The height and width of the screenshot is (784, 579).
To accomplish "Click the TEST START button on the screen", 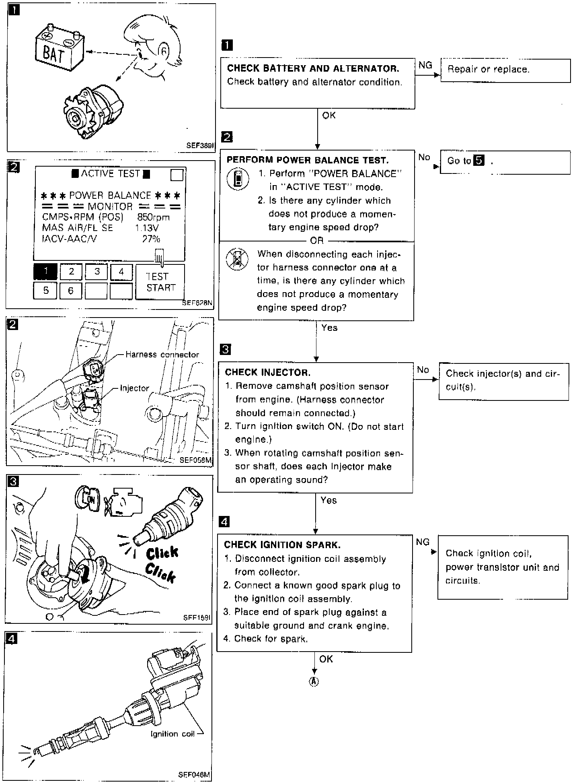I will click(160, 282).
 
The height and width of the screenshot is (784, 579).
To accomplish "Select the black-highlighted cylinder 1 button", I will click(45, 272).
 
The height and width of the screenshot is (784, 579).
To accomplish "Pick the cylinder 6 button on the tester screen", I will click(71, 291).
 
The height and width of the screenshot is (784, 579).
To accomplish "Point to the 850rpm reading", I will click(153, 217).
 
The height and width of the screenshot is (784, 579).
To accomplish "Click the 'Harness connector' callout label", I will click(162, 355).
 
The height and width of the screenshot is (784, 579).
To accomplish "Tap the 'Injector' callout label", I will click(134, 388).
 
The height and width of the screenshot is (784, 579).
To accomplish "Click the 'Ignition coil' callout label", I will click(172, 734).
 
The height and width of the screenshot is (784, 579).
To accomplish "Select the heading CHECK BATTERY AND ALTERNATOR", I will click(313, 68).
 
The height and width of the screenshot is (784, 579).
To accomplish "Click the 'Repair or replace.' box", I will click(505, 70).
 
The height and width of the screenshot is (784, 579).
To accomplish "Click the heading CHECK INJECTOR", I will click(267, 372).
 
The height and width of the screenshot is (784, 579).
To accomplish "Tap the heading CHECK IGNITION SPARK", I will click(282, 545).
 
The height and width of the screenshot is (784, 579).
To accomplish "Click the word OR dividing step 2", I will click(317, 241).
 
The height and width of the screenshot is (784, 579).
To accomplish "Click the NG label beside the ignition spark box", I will click(423, 542).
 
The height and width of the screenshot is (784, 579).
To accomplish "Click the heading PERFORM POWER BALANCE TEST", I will click(308, 160).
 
